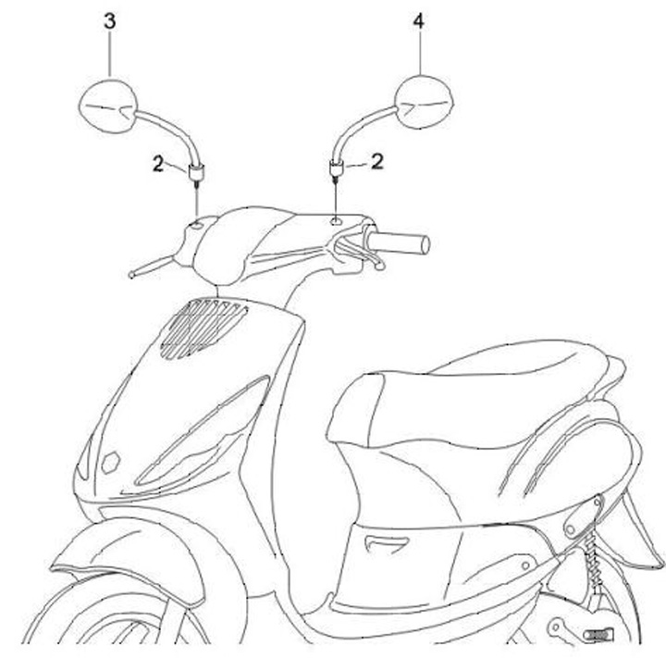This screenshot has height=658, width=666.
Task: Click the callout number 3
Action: click(109, 21)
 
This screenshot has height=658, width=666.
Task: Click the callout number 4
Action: click(419, 21)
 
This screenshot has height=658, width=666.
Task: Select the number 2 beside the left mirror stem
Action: click(158, 165)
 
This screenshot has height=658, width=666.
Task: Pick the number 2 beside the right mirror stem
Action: click(376, 161)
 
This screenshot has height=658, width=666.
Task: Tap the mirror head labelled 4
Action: click(424, 103)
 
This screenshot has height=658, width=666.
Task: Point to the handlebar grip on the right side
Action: click(401, 242)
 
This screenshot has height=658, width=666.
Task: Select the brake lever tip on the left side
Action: click(135, 273)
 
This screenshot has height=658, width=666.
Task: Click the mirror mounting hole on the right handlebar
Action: click(334, 221)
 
